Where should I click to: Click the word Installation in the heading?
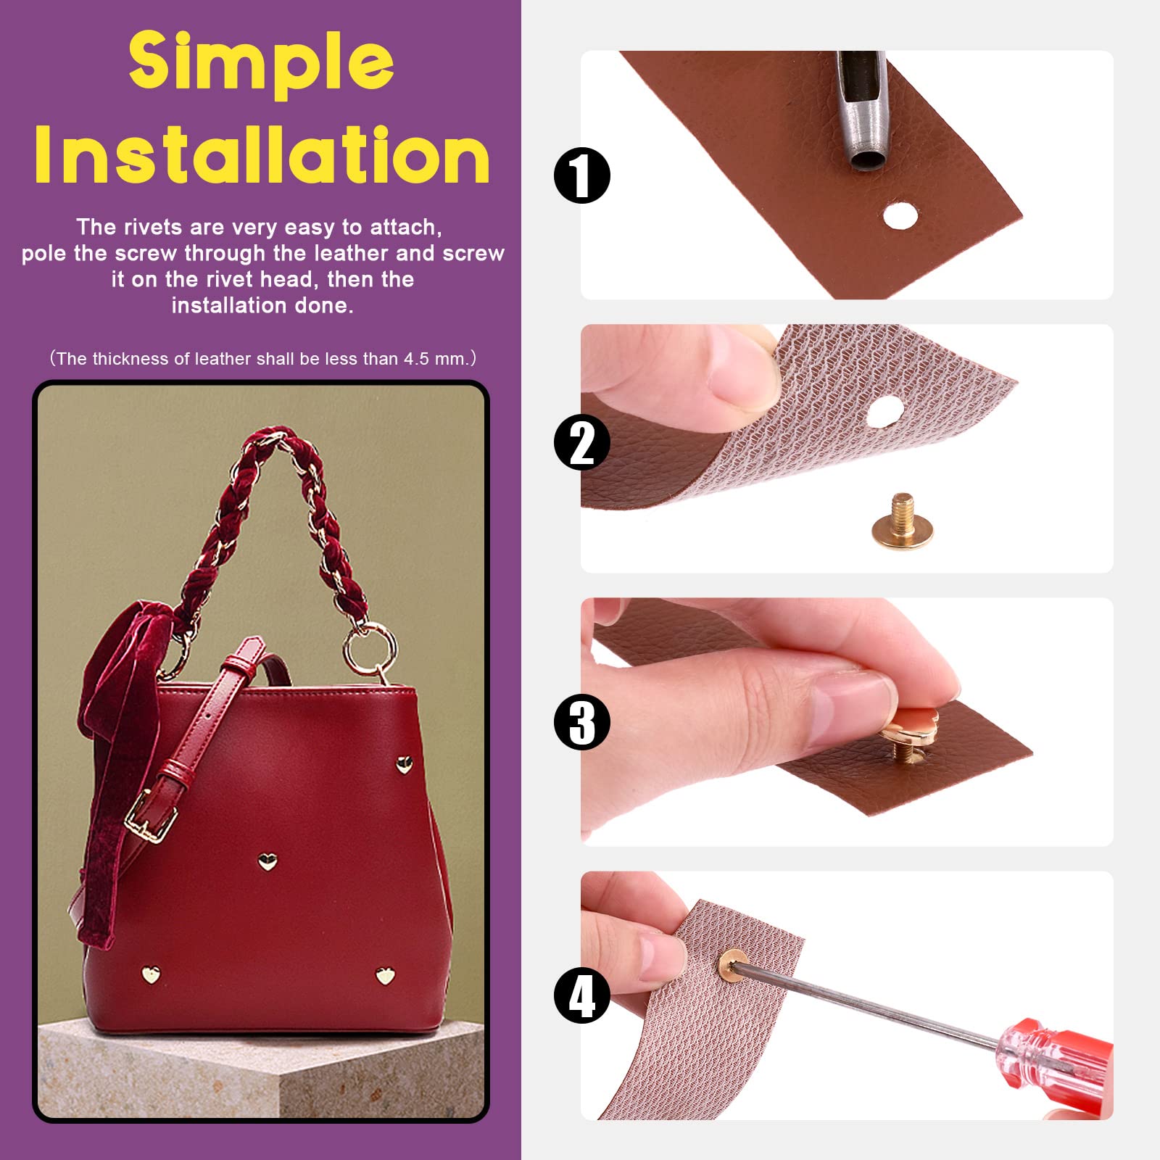tap(262, 155)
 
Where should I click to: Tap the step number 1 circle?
tap(582, 175)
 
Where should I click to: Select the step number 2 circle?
tap(582, 442)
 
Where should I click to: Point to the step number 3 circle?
tap(582, 722)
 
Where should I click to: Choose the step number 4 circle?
tap(582, 995)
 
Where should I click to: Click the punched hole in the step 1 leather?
tap(900, 216)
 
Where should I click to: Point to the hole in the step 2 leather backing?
tap(884, 413)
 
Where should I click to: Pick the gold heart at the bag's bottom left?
tap(151, 974)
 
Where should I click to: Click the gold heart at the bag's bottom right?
tap(385, 976)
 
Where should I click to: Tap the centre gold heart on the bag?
tap(268, 861)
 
